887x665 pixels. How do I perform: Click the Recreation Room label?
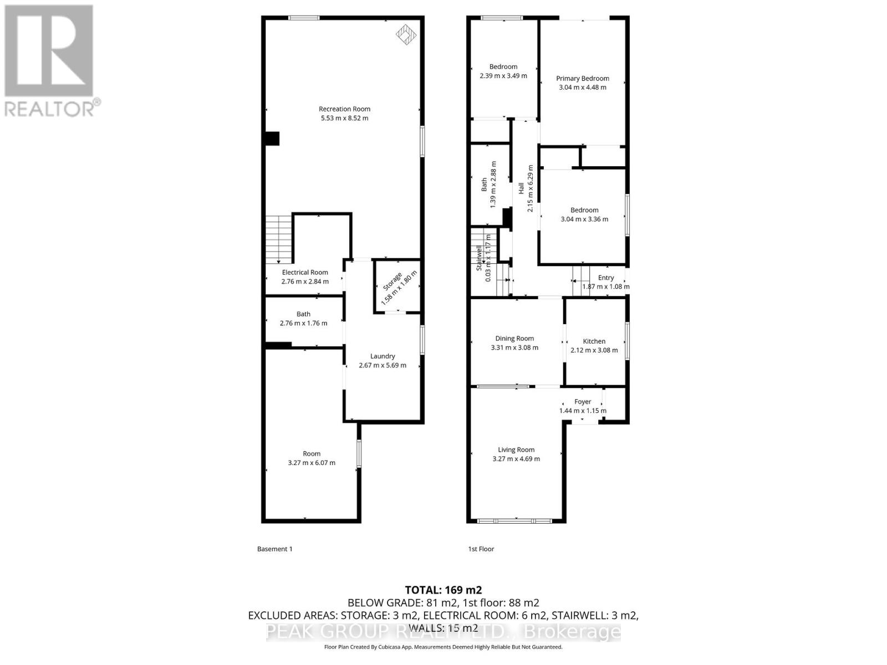(344, 109)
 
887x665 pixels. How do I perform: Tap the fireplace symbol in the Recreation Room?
(405, 35)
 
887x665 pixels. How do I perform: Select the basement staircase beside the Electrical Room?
(278, 239)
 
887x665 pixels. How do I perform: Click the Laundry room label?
(383, 356)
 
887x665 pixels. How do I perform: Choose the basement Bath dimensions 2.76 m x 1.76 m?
(303, 323)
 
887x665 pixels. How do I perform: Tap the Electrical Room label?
(305, 272)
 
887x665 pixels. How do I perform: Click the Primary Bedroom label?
(582, 79)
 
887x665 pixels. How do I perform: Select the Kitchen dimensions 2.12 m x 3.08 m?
(594, 350)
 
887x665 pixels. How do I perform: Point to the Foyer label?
(583, 402)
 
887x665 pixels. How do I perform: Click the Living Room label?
(516, 450)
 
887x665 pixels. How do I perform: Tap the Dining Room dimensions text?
(514, 348)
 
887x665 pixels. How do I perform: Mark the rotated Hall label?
(521, 188)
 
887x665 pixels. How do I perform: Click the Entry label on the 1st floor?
(606, 278)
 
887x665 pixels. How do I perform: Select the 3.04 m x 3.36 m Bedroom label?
(584, 210)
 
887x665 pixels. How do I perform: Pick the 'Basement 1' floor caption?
(274, 549)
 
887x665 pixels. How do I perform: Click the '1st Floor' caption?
(481, 549)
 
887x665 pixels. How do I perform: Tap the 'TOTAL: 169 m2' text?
(443, 590)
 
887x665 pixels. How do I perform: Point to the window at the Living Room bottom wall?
(515, 520)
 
